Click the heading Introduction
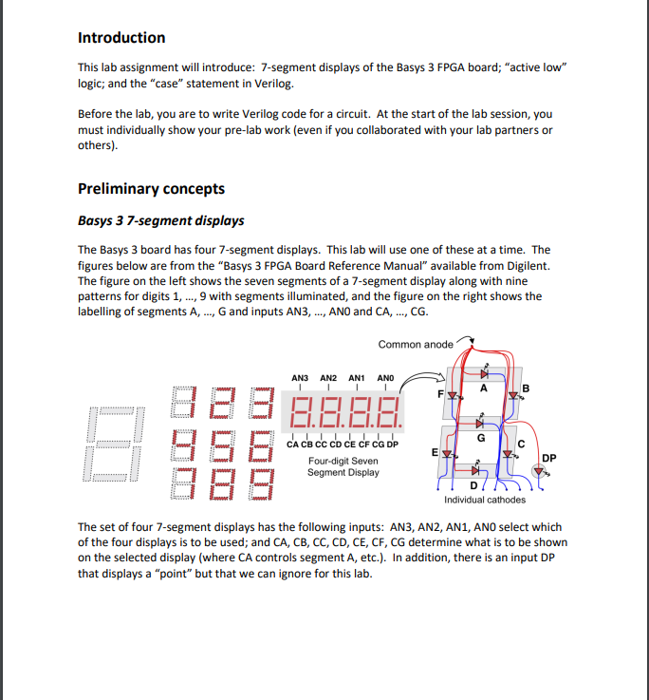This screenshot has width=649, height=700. (x=121, y=38)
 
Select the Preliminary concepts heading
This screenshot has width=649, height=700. (x=151, y=188)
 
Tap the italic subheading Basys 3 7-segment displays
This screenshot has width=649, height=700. (x=160, y=220)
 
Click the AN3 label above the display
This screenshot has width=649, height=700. (x=300, y=378)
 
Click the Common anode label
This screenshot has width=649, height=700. (x=416, y=344)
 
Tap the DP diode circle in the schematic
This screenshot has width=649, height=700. (x=539, y=471)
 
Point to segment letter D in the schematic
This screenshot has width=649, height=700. (x=474, y=487)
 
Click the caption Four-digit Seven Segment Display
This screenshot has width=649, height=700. (x=343, y=466)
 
